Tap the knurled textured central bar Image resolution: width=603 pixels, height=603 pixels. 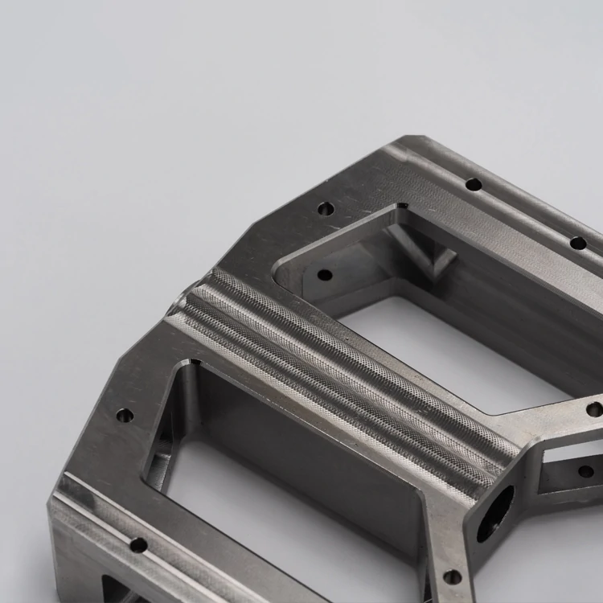click(346, 370)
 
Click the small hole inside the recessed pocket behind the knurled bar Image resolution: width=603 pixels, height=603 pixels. click(325, 275)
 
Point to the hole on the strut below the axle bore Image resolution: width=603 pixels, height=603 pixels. click(453, 576)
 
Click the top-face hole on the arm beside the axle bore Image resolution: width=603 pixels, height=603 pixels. click(594, 409)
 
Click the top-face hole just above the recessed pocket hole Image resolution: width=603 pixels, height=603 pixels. click(326, 209)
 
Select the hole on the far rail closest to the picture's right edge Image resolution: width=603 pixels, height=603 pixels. click(578, 243)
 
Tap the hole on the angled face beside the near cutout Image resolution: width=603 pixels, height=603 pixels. click(125, 416)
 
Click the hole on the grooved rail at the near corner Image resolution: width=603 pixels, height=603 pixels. click(138, 545)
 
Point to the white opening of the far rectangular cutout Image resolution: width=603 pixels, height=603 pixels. click(450, 354)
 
